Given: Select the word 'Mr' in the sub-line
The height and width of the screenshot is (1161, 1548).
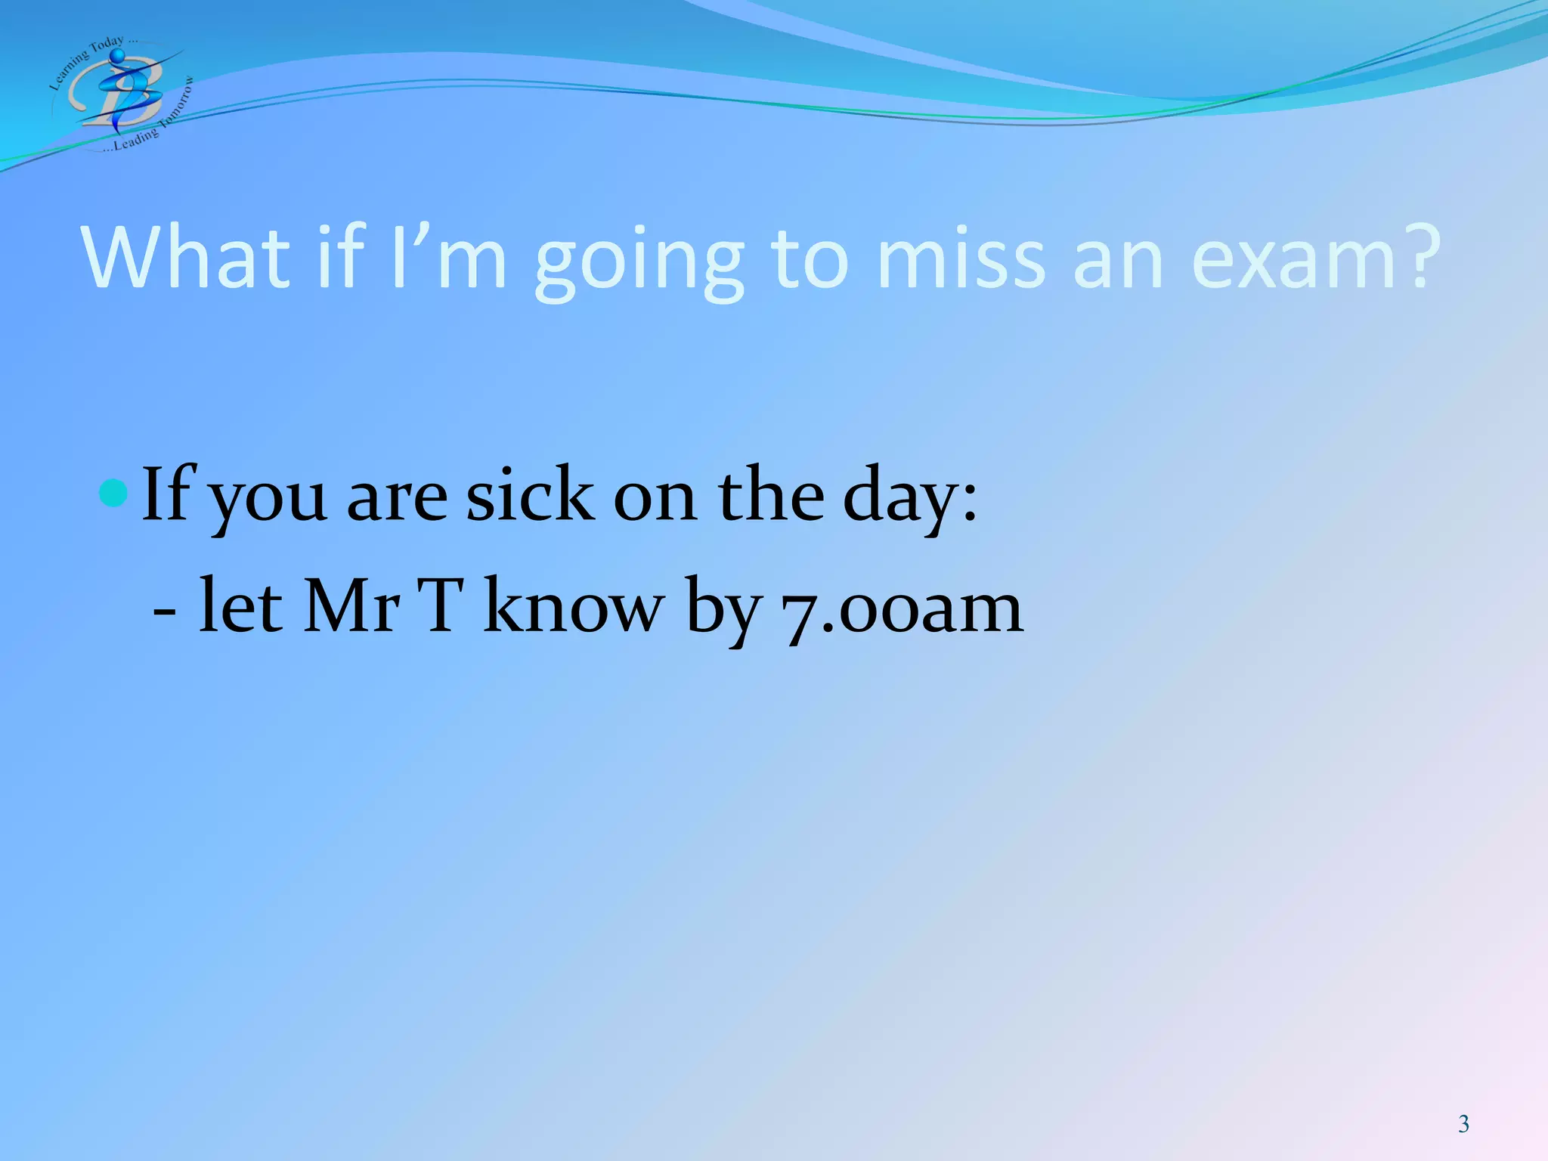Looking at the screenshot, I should [x=351, y=606].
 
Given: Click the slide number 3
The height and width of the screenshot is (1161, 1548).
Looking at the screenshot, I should [x=1463, y=1124].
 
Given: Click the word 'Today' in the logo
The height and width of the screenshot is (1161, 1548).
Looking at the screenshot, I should [x=106, y=48].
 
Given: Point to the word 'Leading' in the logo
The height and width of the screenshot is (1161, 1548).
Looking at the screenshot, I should [x=136, y=138].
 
